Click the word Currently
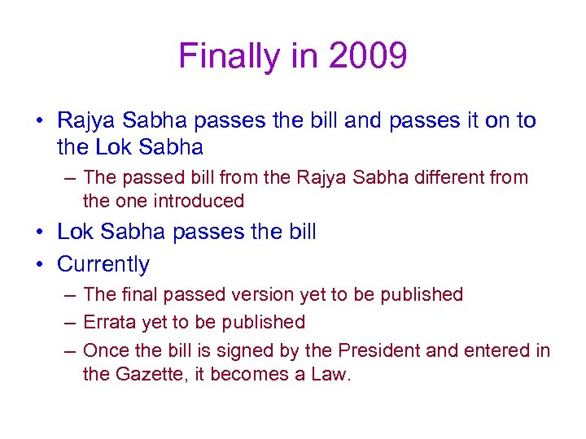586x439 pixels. point(103,264)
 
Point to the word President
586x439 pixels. point(383,350)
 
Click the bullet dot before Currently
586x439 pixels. point(40,265)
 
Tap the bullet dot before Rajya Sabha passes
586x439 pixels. point(40,121)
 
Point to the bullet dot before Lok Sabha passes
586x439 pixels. point(40,233)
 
